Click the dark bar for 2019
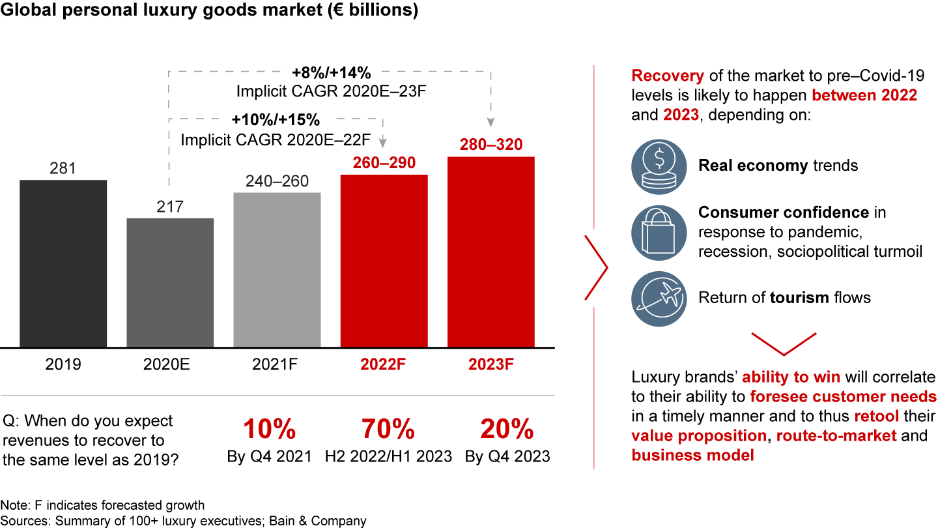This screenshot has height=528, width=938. [63, 263]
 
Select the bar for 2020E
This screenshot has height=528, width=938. [170, 282]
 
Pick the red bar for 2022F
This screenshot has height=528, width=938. [384, 261]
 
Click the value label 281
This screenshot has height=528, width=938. [63, 169]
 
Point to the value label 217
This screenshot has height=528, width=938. [170, 207]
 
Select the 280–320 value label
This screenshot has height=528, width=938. [491, 144]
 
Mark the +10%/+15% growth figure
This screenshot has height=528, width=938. [276, 121]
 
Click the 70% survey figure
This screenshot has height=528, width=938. [388, 430]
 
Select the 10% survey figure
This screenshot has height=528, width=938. [270, 430]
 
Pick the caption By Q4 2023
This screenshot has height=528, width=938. [507, 456]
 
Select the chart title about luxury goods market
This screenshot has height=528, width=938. [209, 11]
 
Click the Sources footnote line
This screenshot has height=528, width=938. [184, 521]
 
